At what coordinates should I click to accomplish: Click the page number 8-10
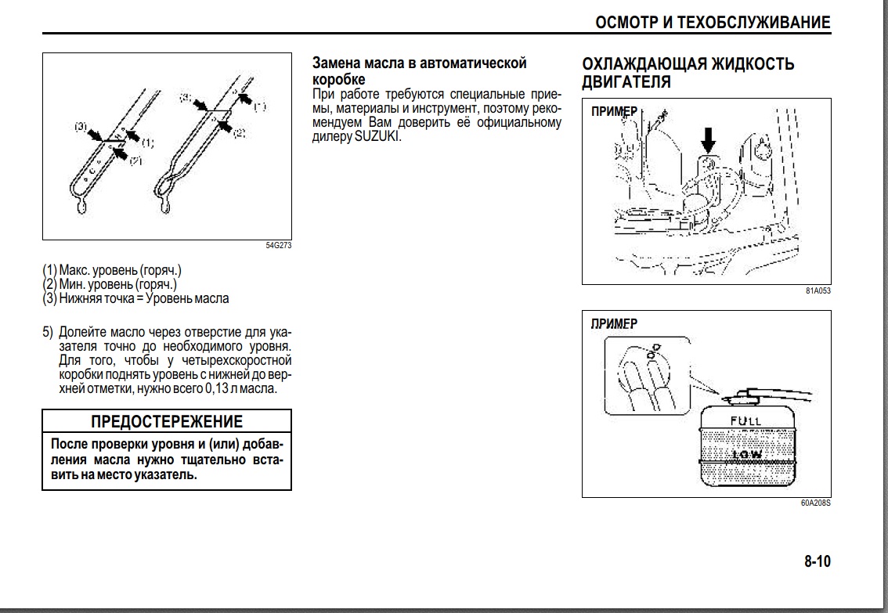click(x=817, y=561)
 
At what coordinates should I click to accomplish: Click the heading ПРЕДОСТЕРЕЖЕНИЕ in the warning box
click(x=167, y=421)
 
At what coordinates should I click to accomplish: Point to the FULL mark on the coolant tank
click(x=745, y=421)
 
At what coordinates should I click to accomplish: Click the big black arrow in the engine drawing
click(x=708, y=140)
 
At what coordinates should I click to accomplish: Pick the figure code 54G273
click(x=278, y=245)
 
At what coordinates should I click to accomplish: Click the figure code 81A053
click(x=818, y=291)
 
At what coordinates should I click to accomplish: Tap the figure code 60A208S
click(x=815, y=503)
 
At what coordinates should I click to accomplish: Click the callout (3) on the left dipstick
click(x=81, y=126)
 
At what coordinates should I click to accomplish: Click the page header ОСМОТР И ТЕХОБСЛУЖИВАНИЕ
click(x=713, y=23)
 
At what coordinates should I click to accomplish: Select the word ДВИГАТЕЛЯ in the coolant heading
click(x=626, y=81)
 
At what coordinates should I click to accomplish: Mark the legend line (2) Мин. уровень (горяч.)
click(x=110, y=284)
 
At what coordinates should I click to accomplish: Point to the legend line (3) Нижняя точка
click(x=135, y=298)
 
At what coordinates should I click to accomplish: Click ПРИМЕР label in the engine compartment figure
click(x=614, y=111)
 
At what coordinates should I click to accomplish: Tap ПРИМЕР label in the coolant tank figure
click(x=614, y=323)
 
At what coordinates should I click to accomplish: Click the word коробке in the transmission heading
click(x=338, y=79)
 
